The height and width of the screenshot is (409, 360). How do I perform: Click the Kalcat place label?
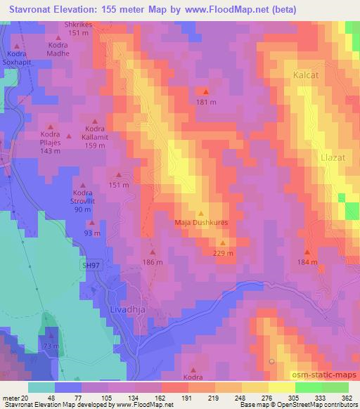click(x=307, y=73)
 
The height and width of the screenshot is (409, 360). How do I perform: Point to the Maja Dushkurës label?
click(x=202, y=224)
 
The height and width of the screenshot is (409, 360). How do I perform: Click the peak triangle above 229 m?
click(x=222, y=242)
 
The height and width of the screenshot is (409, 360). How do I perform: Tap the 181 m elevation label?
click(x=205, y=103)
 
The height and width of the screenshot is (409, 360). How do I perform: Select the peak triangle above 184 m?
click(x=307, y=252)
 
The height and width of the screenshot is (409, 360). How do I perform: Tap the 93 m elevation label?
click(x=92, y=233)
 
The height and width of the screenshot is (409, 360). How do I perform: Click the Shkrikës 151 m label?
click(x=79, y=29)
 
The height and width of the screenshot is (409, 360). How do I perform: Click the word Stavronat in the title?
click(x=34, y=9)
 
